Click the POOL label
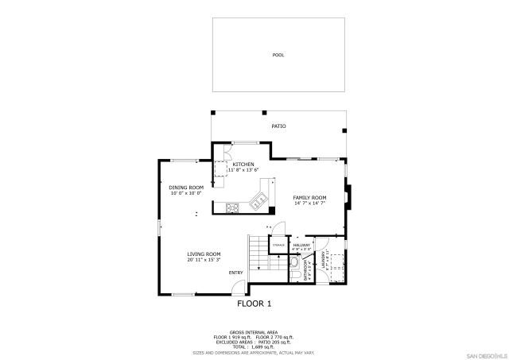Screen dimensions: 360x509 (x=278, y=55)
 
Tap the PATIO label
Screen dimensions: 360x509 (x=278, y=126)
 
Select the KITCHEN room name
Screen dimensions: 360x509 (x=243, y=164)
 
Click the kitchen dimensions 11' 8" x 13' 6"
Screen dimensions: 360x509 (x=243, y=170)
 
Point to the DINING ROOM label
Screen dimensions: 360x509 (x=185, y=187)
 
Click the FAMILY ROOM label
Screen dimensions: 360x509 (x=309, y=197)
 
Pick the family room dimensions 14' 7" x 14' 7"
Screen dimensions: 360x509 (x=309, y=203)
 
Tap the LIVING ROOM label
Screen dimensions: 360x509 (x=204, y=254)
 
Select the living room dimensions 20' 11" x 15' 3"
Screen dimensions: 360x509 (x=204, y=260)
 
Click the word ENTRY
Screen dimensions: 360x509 (x=235, y=273)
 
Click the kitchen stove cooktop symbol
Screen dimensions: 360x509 (x=233, y=209)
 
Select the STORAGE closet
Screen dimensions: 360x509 (x=278, y=246)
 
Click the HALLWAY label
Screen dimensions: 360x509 (x=301, y=245)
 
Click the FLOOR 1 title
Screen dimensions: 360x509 (x=254, y=304)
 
